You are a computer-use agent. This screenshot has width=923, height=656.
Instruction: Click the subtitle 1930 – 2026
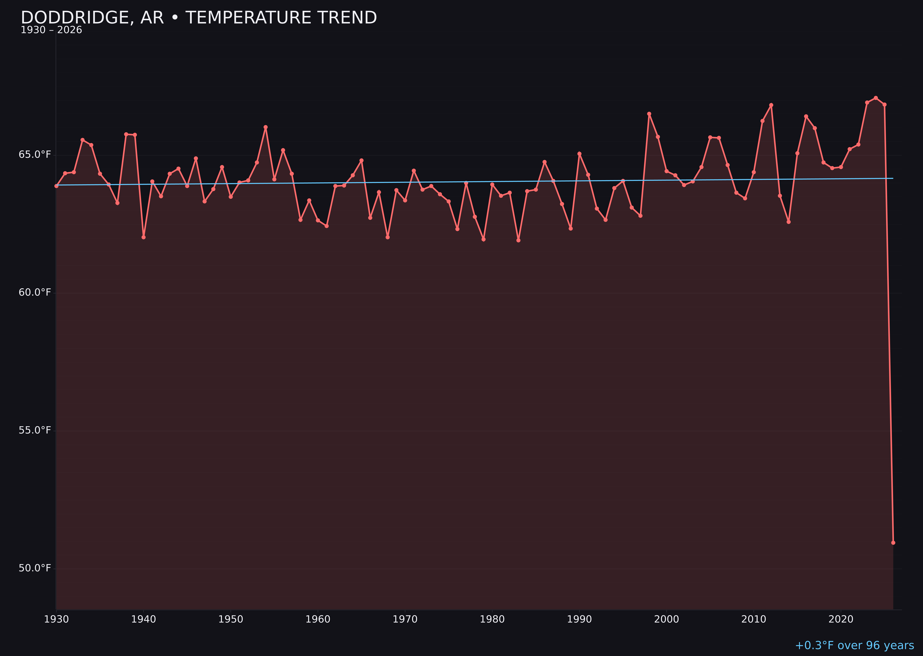click(x=51, y=30)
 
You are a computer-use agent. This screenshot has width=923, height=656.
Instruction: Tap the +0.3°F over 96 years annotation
click(x=854, y=645)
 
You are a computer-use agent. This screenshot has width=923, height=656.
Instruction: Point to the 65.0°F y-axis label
click(x=35, y=155)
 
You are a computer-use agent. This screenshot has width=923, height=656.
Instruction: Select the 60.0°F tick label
click(x=35, y=292)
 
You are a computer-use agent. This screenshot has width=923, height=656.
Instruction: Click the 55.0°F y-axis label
click(x=35, y=430)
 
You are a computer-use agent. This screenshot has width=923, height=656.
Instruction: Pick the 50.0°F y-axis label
click(x=35, y=568)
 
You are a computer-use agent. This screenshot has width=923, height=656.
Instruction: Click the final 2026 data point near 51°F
click(x=893, y=543)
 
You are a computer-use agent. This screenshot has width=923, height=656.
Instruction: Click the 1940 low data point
click(x=144, y=237)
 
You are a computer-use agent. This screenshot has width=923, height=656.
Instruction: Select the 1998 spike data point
click(x=649, y=114)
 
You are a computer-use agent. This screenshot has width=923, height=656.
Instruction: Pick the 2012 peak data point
click(x=771, y=105)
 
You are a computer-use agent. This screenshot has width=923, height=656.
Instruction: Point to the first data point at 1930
click(x=56, y=186)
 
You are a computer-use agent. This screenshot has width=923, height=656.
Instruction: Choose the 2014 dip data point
click(x=788, y=222)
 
